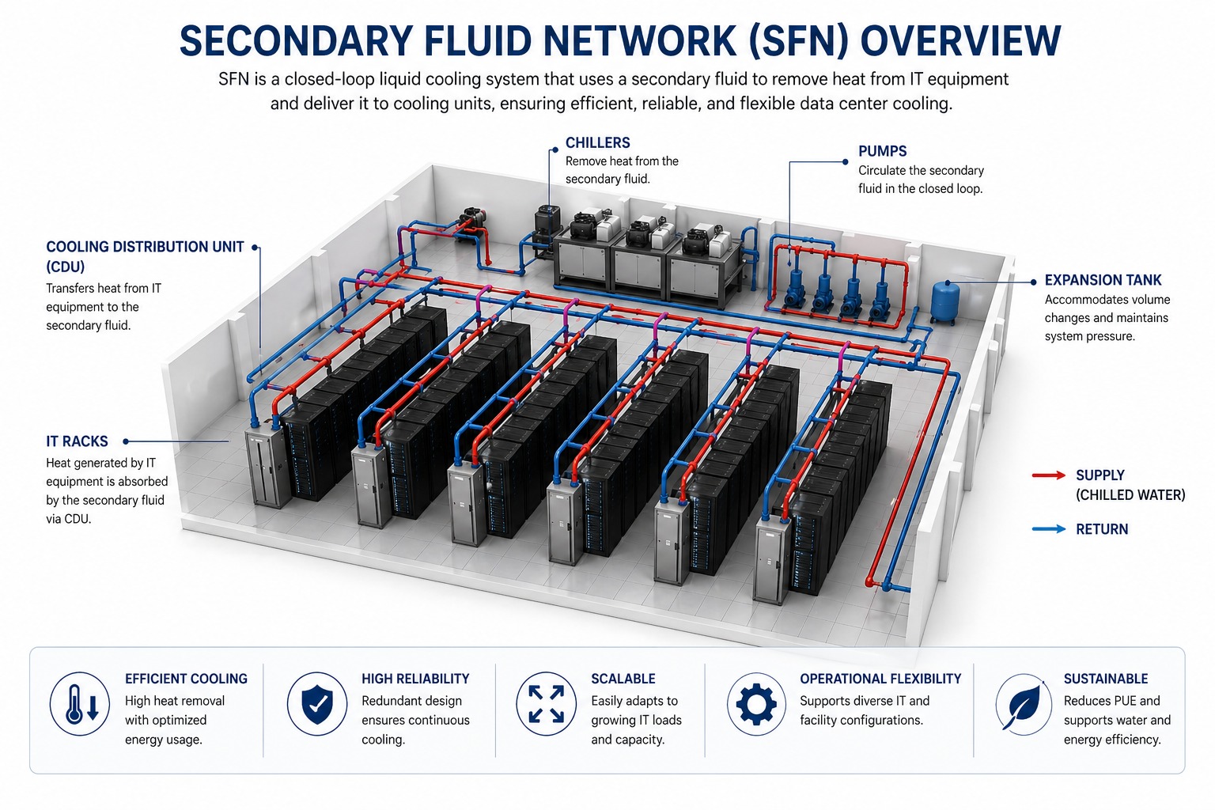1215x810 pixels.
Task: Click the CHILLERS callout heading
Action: (x=597, y=143)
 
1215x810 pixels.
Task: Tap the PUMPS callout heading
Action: (x=882, y=151)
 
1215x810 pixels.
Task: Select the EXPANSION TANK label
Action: (x=1103, y=280)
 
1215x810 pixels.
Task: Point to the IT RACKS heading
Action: (x=77, y=441)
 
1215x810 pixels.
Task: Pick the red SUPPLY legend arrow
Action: (x=1049, y=475)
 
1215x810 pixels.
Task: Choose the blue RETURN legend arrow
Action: (x=1049, y=529)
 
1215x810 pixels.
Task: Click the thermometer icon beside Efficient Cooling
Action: (x=79, y=703)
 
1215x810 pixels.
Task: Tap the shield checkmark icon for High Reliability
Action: (x=317, y=703)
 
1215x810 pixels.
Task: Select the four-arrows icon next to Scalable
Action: (x=546, y=703)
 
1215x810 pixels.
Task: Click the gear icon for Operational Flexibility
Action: (x=756, y=703)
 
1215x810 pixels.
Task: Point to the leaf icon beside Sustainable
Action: (x=1024, y=703)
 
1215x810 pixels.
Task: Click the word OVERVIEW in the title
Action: (x=960, y=41)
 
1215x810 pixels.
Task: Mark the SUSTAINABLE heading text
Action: (x=1105, y=679)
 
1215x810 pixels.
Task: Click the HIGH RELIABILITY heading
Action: (x=415, y=679)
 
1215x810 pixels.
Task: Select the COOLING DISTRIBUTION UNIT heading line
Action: (x=145, y=247)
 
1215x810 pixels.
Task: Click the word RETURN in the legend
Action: (x=1102, y=529)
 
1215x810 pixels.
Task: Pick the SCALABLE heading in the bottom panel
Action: (x=623, y=679)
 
